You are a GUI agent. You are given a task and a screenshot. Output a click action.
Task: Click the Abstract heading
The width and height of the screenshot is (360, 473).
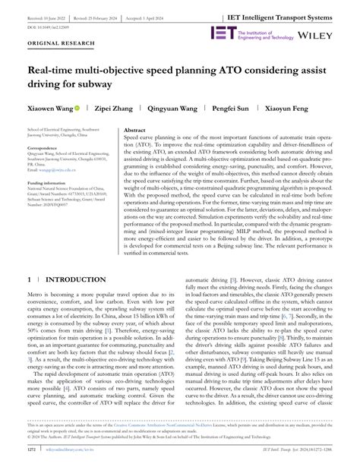click(139, 131)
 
